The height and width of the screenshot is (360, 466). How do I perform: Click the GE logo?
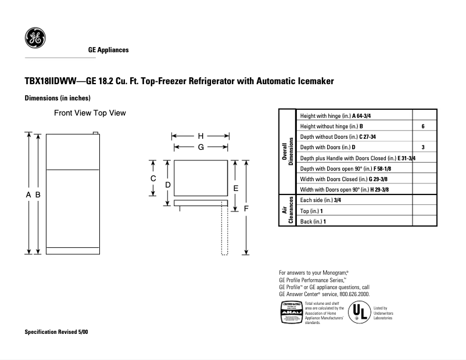35,38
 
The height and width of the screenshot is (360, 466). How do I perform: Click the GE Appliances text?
108,50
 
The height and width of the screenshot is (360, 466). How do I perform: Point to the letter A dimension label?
28,195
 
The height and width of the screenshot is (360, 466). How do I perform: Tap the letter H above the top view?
200,136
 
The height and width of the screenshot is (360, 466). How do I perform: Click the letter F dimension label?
246,208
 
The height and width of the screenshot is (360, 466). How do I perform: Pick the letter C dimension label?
153,178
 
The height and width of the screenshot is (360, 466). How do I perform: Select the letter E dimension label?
235,188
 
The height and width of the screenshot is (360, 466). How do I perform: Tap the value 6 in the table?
423,126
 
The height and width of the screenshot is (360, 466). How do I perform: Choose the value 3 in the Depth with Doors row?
423,147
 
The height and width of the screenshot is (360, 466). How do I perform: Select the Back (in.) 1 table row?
313,221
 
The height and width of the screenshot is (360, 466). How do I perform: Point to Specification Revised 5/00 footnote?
57,332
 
